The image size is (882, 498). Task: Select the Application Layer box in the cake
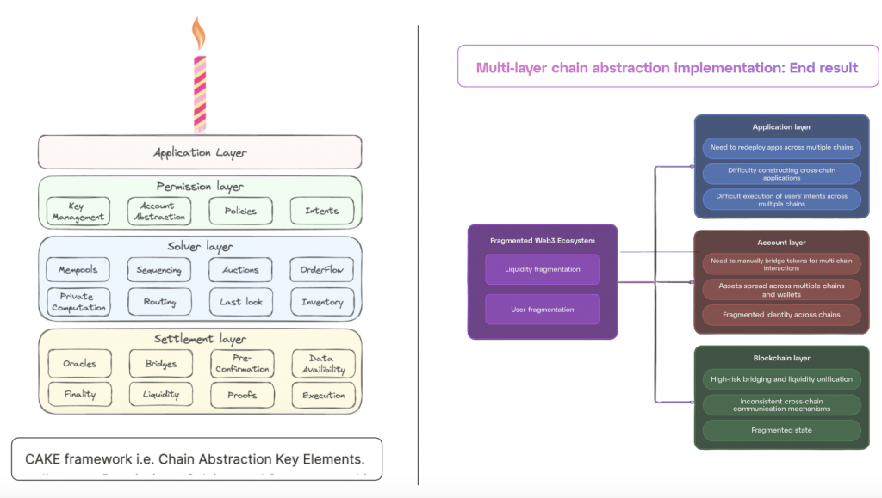pos(200,152)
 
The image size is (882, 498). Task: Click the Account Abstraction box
pos(157,211)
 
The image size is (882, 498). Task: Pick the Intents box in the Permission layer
pos(321,211)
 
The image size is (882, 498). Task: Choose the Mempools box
pos(78,270)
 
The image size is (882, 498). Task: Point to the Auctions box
pos(240,270)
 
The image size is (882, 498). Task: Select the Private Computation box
pos(78,302)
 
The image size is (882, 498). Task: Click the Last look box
pos(240,302)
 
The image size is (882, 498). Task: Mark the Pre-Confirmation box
pos(242,364)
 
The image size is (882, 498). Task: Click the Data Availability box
pos(323,364)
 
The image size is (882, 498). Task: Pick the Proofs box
pos(242,395)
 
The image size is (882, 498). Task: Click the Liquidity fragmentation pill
pos(543,269)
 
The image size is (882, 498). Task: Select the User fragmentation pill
pos(543,309)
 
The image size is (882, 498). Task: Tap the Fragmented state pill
pos(781,430)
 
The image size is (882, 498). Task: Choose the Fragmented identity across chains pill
pos(781,315)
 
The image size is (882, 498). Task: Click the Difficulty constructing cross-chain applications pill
pos(781,174)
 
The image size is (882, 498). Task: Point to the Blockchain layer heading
pos(781,358)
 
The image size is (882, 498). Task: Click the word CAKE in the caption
pos(42,459)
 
